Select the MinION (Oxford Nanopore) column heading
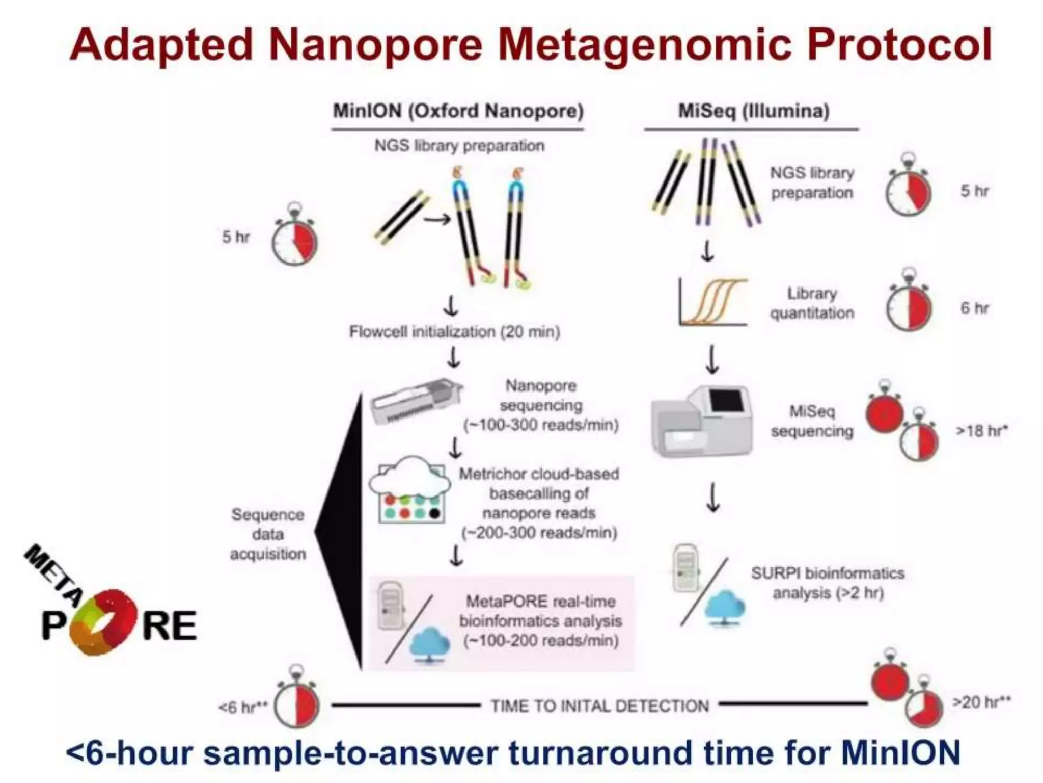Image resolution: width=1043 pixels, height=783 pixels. (x=458, y=111)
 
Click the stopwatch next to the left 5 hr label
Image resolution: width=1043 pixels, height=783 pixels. (x=294, y=241)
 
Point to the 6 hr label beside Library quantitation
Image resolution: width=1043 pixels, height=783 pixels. (x=974, y=308)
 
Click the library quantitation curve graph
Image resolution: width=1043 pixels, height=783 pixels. (x=713, y=302)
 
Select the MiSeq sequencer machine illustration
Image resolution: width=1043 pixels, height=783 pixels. (x=702, y=421)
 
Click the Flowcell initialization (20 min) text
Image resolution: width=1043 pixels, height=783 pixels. (x=454, y=332)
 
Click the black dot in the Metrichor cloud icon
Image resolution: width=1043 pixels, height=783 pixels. (x=434, y=513)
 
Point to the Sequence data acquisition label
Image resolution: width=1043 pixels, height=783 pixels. (x=268, y=534)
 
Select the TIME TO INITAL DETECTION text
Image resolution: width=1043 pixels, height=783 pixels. (x=599, y=706)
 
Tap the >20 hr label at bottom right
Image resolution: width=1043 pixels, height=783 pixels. (x=981, y=702)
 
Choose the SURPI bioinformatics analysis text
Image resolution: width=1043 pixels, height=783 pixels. (x=828, y=583)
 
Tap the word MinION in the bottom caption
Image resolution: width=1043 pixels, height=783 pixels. (x=900, y=752)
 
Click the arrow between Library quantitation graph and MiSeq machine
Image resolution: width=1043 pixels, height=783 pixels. (x=713, y=359)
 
